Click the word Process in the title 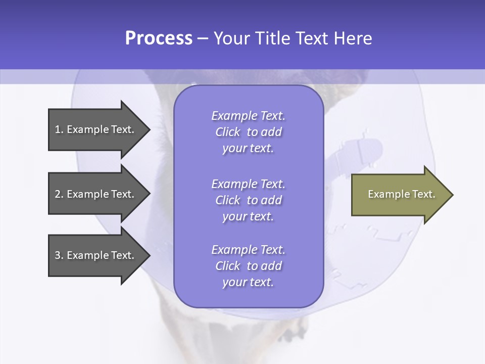(x=159, y=38)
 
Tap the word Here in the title (x=352, y=38)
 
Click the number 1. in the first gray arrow (x=59, y=129)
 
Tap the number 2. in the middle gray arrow (x=59, y=194)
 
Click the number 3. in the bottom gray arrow (x=59, y=255)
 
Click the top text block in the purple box (x=248, y=132)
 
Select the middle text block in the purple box (x=248, y=200)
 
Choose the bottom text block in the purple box (x=248, y=266)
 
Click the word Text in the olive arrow (x=423, y=194)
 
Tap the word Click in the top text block (x=228, y=132)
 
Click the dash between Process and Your (x=203, y=38)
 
